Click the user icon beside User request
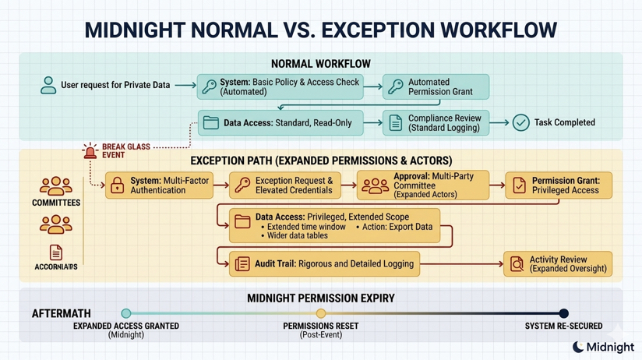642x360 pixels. (x=48, y=85)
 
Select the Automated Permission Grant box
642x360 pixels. (x=436, y=86)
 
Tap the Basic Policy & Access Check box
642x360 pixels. (x=280, y=86)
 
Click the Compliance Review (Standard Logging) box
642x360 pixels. (x=436, y=123)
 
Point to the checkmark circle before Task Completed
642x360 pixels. (x=520, y=122)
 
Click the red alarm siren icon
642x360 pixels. (x=90, y=150)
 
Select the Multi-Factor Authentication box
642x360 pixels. (x=159, y=185)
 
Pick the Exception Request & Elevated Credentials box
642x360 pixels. (x=285, y=185)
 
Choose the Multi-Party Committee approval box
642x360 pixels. (x=422, y=185)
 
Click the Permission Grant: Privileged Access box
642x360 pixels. (x=558, y=185)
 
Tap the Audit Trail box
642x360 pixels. (x=324, y=264)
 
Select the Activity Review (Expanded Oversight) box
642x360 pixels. (x=558, y=264)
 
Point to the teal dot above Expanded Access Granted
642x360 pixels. (x=126, y=313)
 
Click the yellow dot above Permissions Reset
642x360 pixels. (x=321, y=313)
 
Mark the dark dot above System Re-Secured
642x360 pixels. (x=563, y=313)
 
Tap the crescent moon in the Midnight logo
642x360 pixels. (x=578, y=347)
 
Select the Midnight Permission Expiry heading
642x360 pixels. (x=321, y=298)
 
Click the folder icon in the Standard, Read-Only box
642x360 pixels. (x=211, y=123)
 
